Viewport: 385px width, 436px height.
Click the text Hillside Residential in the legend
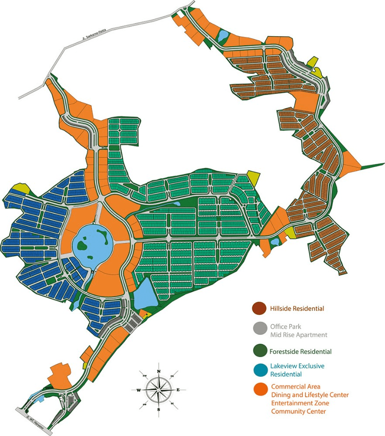tap(297, 309)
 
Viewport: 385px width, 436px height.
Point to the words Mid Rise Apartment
tap(299, 335)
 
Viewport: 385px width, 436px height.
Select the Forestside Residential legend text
tap(300, 351)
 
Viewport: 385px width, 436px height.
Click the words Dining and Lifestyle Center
tap(309, 395)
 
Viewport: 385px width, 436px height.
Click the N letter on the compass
tap(159, 371)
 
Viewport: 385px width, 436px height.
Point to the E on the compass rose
tap(178, 389)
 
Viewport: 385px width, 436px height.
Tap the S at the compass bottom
tap(159, 409)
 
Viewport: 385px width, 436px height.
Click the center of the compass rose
tap(158, 389)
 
